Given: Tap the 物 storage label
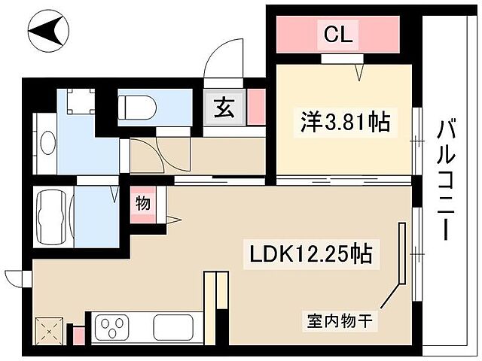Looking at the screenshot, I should tap(142, 202).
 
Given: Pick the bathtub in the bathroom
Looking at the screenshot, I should tap(53, 216).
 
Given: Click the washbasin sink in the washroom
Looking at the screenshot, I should tap(47, 142).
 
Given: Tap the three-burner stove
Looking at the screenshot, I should tap(117, 329).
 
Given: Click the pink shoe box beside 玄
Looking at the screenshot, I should tap(256, 107).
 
